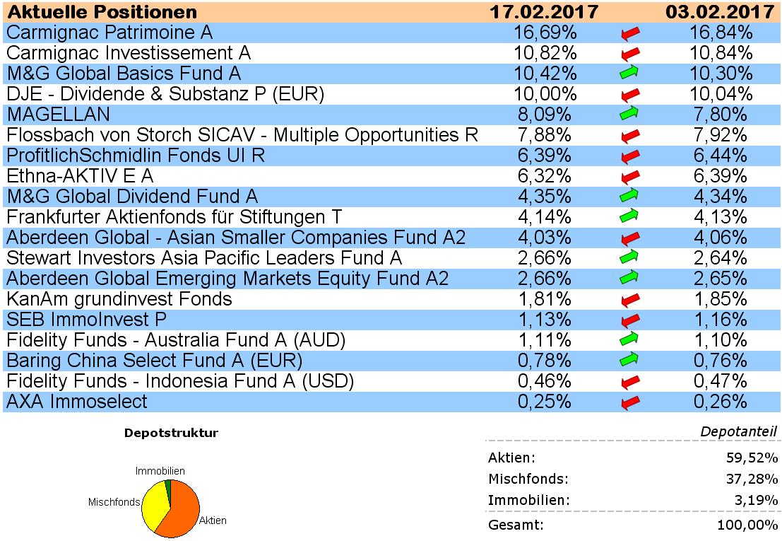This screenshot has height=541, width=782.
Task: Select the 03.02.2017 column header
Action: pos(720,12)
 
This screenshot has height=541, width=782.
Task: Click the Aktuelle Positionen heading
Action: pos(101,12)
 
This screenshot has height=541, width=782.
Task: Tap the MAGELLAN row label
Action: pos(59,115)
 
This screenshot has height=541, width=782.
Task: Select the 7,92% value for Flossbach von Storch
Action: pos(720,135)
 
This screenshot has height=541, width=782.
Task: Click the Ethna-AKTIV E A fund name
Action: pos(80,176)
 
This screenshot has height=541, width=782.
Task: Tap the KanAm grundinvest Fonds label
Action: pos(119,299)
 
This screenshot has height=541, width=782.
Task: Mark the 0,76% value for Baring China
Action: pos(720,361)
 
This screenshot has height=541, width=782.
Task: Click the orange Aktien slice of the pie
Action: pos(180,513)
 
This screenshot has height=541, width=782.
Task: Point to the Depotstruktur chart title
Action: pos(171,433)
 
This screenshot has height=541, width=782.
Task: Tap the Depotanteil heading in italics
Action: pos(738,431)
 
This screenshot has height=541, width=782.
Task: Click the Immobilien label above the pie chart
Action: pos(160,471)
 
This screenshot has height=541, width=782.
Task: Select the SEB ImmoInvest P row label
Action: pos(86,320)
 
